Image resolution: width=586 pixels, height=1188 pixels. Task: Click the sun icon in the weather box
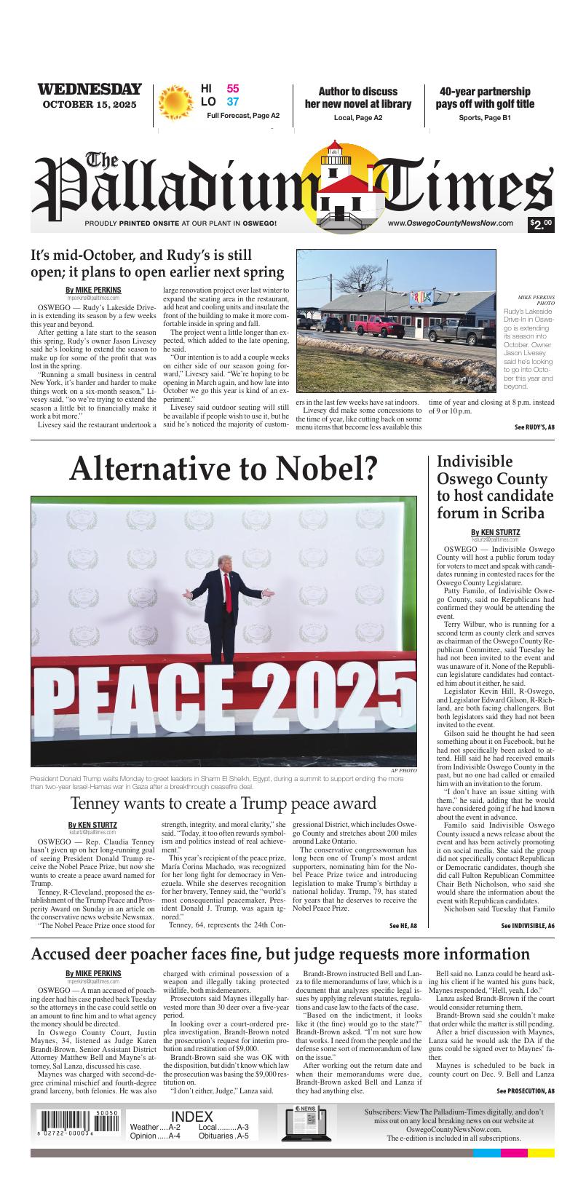point(175,103)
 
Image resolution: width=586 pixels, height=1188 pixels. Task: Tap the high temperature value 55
point(233,89)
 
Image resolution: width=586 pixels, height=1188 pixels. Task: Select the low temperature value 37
point(233,102)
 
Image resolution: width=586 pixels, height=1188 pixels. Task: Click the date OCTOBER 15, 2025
point(90,105)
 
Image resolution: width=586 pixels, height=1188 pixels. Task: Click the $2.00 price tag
point(542,224)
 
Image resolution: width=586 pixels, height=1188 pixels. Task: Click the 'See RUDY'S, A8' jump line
point(534,427)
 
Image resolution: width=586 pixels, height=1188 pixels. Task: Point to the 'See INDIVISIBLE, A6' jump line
point(528,926)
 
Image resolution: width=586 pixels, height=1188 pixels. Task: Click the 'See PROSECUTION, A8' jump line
point(526,1090)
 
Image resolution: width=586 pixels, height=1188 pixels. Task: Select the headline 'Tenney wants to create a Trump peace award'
point(223,804)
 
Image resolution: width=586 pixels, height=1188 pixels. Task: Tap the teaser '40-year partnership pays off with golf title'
point(485,98)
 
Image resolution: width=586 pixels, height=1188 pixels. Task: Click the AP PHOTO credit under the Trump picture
point(403,769)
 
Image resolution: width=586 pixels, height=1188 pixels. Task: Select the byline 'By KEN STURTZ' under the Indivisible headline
point(495,532)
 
